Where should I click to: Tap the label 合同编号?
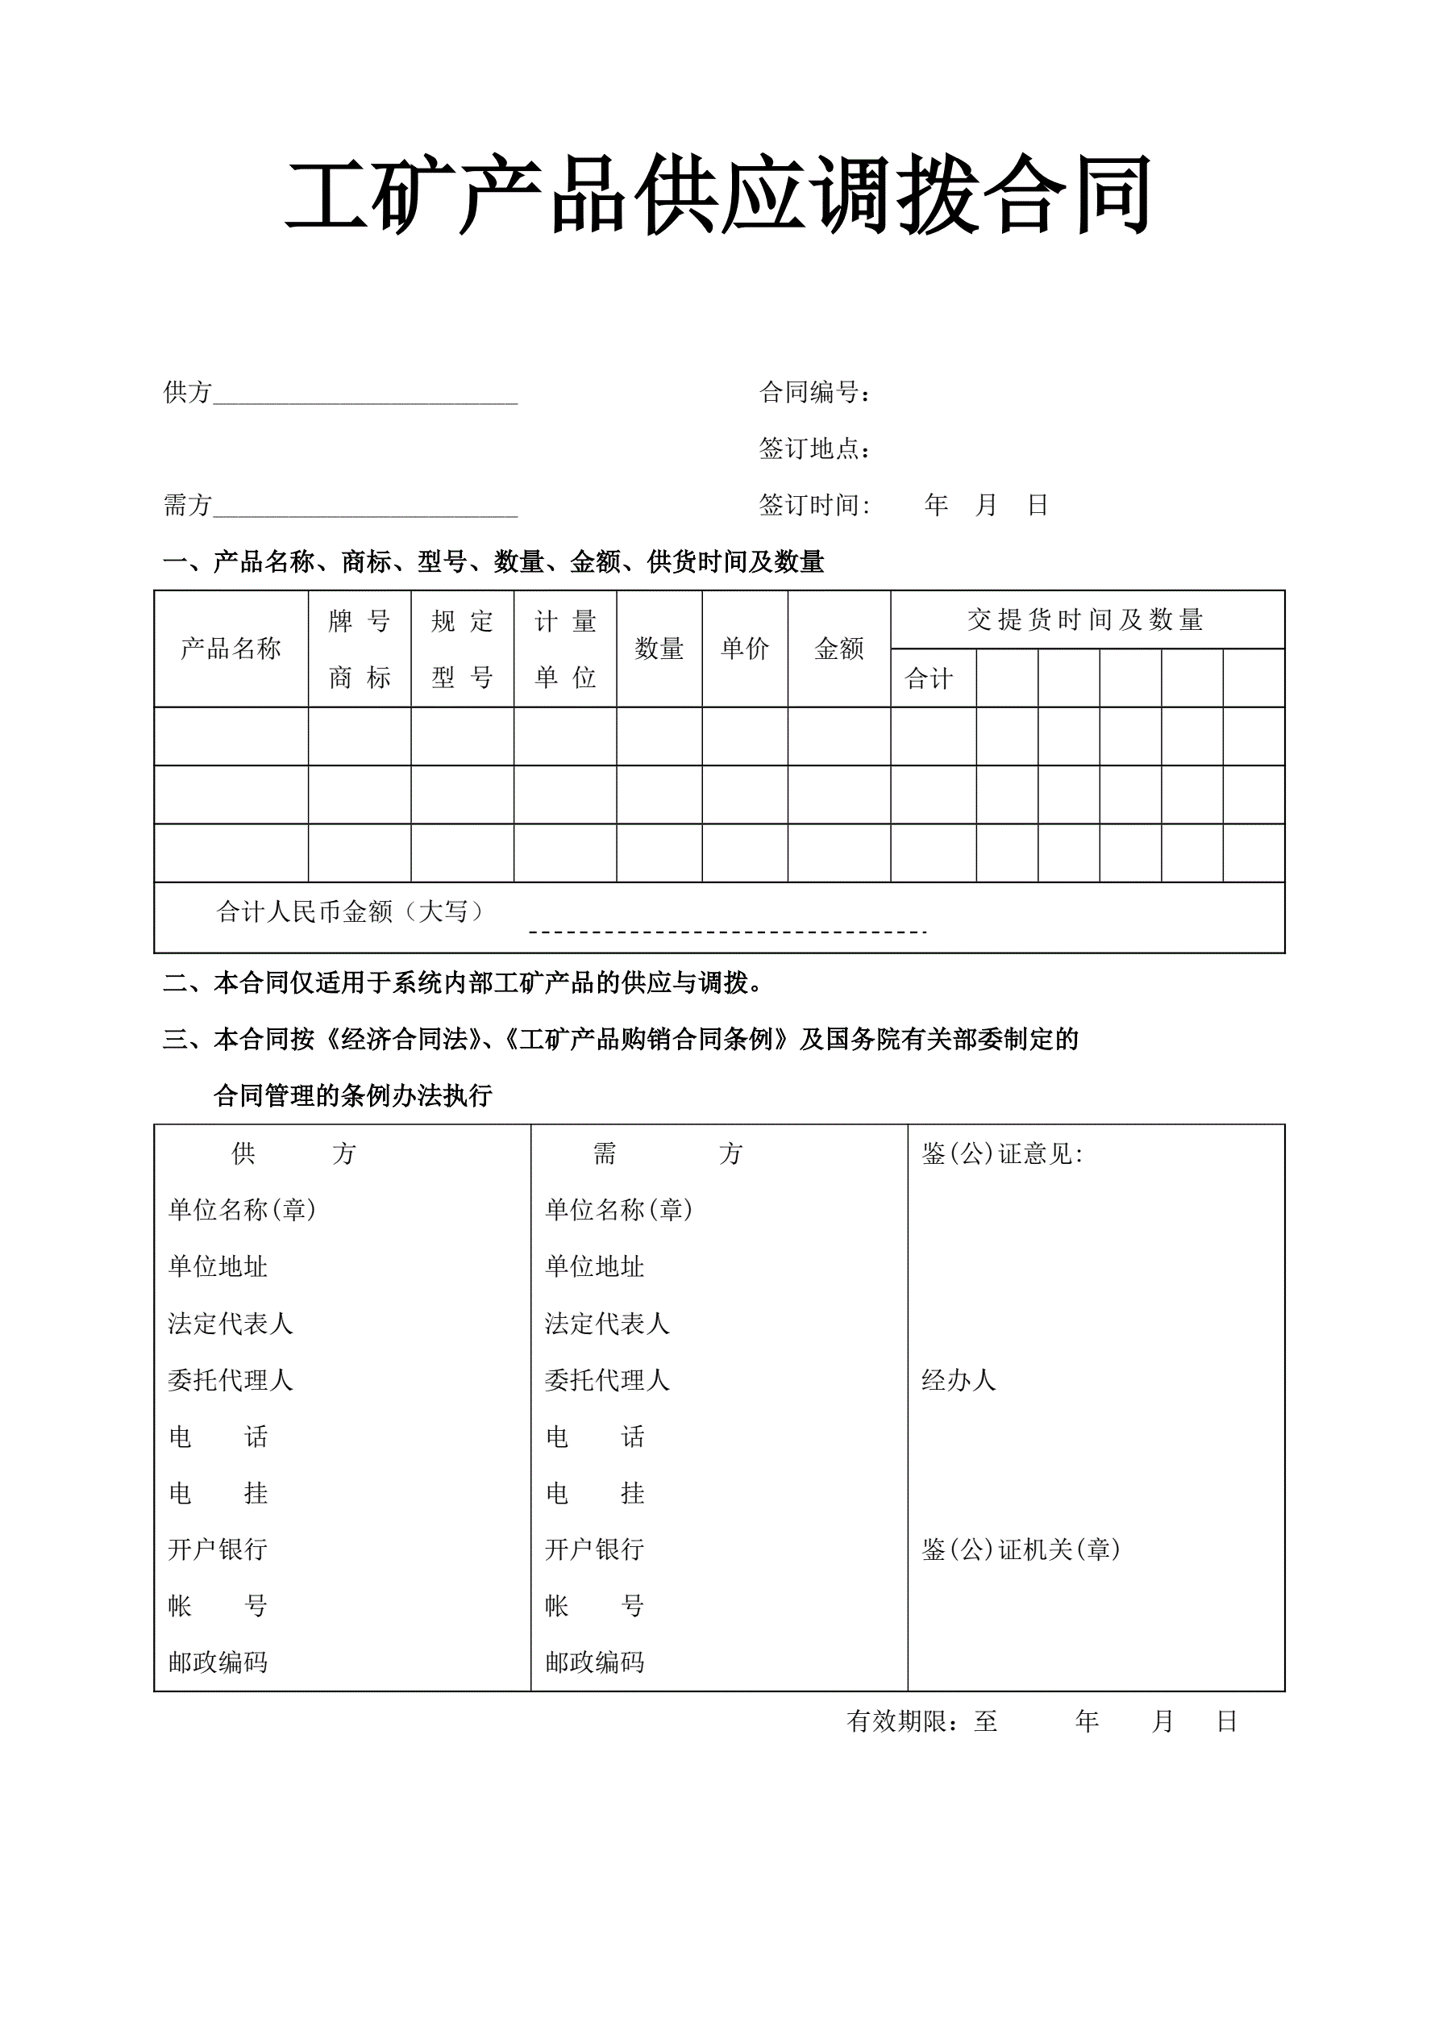click(814, 392)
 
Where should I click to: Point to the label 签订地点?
click(814, 448)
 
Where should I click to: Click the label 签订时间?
click(814, 505)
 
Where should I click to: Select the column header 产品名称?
click(231, 648)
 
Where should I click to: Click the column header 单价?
click(744, 648)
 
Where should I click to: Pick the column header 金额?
click(838, 648)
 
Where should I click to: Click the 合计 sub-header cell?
click(929, 679)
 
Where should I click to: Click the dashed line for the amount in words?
click(726, 932)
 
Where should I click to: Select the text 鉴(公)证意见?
click(1001, 1153)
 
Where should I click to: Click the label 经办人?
click(959, 1380)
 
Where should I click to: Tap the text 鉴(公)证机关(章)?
click(1021, 1549)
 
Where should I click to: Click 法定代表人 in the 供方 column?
click(231, 1324)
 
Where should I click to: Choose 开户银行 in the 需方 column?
click(593, 1549)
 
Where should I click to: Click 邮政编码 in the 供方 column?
click(218, 1662)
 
